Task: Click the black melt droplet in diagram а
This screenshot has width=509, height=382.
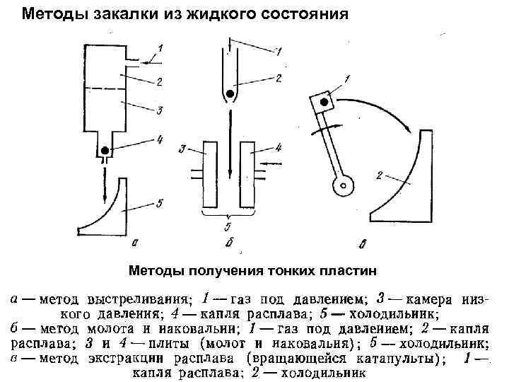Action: point(106,150)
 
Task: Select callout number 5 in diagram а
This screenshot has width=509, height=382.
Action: point(160,203)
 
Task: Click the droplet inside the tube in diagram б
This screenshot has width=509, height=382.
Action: point(228,92)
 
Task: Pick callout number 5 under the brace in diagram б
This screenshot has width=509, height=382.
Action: point(228,227)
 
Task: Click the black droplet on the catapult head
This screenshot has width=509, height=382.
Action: point(324,103)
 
